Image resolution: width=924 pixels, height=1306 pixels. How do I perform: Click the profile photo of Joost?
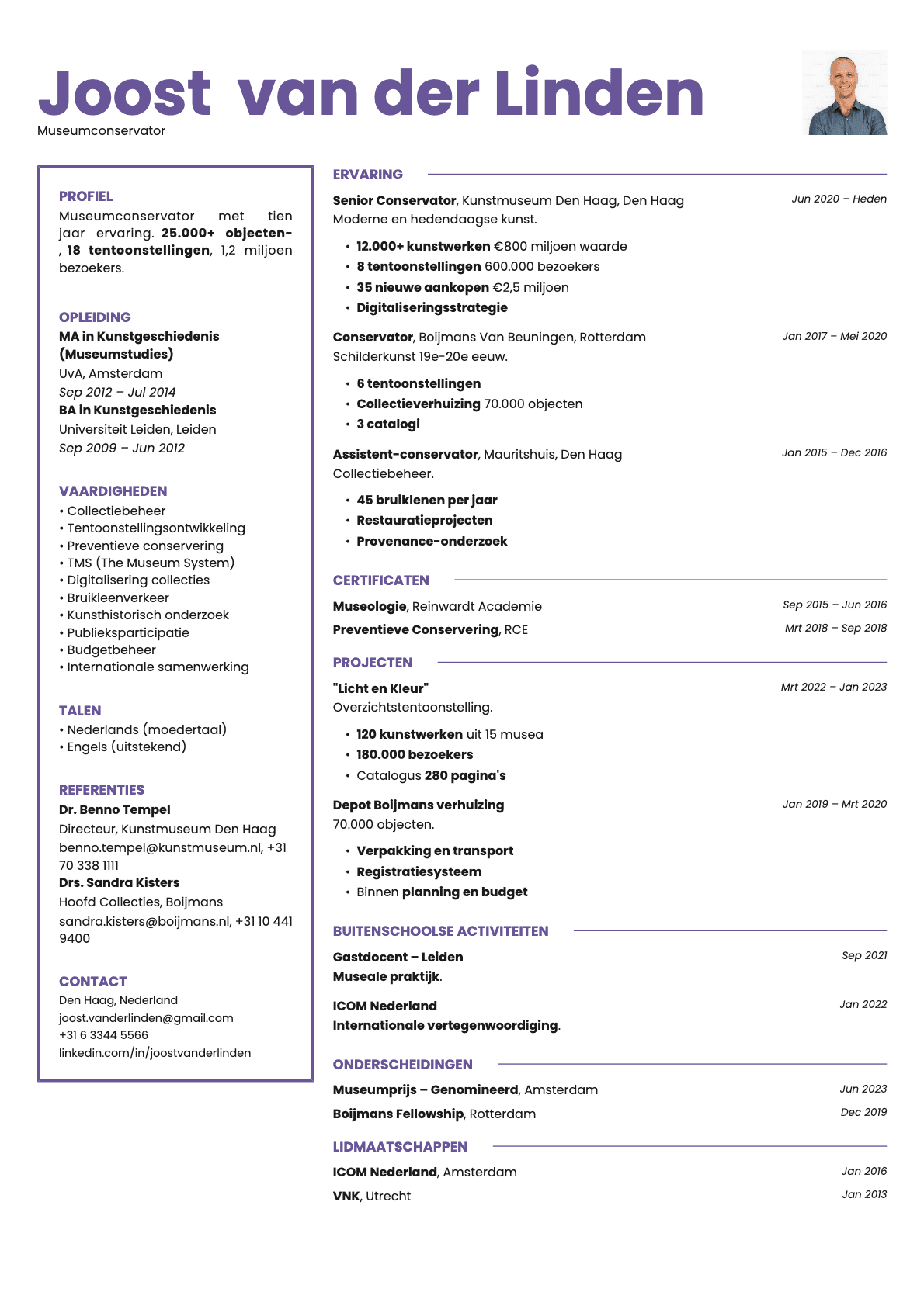tap(844, 92)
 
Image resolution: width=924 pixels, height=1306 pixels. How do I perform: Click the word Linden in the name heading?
tap(599, 93)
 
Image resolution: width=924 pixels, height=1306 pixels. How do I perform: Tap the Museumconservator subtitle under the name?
tap(101, 130)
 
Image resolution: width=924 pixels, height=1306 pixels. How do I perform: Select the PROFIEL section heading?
tap(85, 196)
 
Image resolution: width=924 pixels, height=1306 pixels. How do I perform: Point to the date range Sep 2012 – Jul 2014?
tap(117, 392)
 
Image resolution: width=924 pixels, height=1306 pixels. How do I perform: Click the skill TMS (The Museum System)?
tap(151, 563)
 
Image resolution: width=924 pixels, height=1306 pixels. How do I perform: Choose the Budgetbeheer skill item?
tap(111, 650)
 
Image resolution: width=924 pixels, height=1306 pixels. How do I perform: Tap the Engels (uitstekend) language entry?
tap(127, 747)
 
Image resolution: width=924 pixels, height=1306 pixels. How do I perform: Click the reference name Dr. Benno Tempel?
tap(114, 809)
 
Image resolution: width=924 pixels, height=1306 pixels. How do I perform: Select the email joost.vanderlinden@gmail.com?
tap(146, 1017)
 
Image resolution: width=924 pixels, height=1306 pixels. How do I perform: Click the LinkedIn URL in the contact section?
tap(155, 1052)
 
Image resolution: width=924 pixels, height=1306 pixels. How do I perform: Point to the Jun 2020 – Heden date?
tap(839, 199)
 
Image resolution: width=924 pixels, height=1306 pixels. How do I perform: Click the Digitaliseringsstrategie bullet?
tap(432, 307)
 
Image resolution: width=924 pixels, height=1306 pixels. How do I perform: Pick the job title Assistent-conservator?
tap(405, 454)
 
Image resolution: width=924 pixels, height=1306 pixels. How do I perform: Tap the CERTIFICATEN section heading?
tap(380, 580)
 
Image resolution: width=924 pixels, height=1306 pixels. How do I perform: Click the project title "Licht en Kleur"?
tap(380, 688)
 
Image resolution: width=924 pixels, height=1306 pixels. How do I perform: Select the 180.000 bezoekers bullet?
tap(415, 754)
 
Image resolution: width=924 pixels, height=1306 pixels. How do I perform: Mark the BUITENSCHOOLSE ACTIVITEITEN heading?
tap(440, 930)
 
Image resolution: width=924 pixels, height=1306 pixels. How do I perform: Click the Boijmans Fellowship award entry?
tap(398, 1114)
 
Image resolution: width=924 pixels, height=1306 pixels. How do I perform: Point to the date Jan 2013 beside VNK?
tap(864, 1194)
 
